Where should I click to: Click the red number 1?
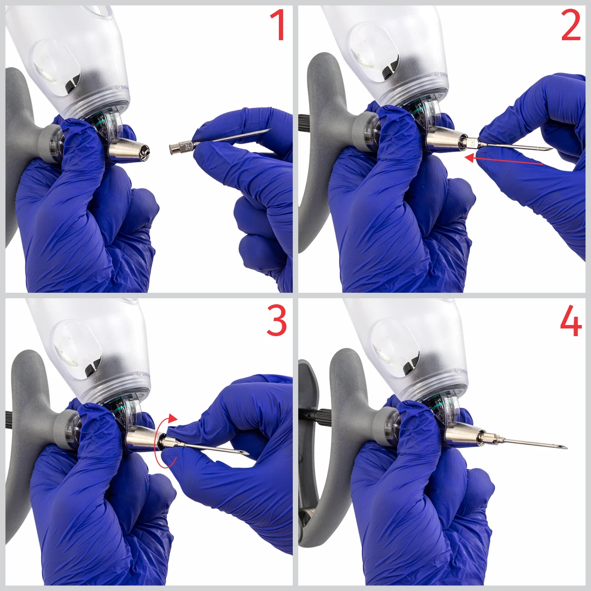pyautogui.click(x=277, y=25)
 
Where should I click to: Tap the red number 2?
pyautogui.click(x=571, y=25)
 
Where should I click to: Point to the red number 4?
pyautogui.click(x=571, y=320)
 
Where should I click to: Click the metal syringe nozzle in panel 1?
pyautogui.click(x=129, y=150)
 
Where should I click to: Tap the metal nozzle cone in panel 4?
pyautogui.click(x=463, y=433)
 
